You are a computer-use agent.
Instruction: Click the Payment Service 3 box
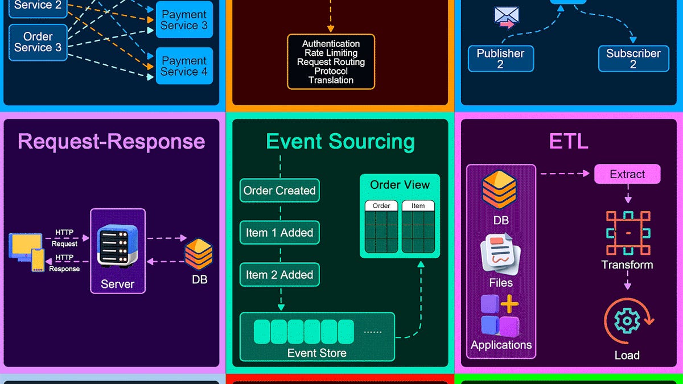point(184,20)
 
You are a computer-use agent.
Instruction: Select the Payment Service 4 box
point(184,66)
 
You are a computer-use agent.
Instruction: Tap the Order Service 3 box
point(38,42)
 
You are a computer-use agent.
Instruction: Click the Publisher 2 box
point(501,59)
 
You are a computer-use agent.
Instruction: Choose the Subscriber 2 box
point(633,59)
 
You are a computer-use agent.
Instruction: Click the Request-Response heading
point(112,142)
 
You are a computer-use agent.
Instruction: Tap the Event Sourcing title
point(340,142)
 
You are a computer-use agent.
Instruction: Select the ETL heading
point(569,141)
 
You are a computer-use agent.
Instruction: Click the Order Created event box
point(279,191)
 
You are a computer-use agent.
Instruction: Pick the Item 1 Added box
point(279,233)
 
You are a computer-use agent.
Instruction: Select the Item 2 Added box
point(279,275)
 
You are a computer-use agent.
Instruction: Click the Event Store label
point(317,353)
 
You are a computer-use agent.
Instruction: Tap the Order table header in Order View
point(381,206)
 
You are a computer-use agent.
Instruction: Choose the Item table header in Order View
point(418,206)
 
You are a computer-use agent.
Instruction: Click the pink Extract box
point(627,174)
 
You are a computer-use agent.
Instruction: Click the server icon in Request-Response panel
point(117,246)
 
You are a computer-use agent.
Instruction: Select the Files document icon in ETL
point(500,254)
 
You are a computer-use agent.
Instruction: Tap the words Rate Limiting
point(331,53)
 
